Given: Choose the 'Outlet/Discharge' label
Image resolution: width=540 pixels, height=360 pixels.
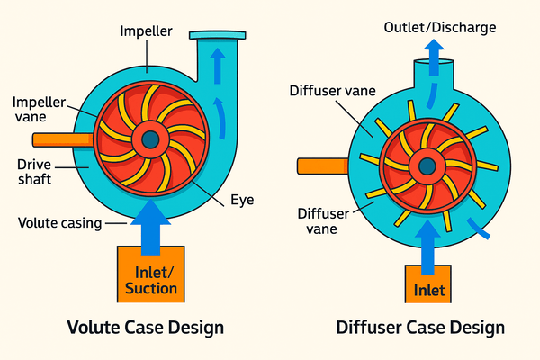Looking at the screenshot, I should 439,27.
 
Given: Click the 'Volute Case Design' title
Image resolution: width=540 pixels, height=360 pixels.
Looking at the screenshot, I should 144,328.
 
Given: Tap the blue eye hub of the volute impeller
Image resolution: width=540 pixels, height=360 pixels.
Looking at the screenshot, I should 149,139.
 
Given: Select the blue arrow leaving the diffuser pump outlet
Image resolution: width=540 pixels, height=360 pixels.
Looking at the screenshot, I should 431,61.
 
